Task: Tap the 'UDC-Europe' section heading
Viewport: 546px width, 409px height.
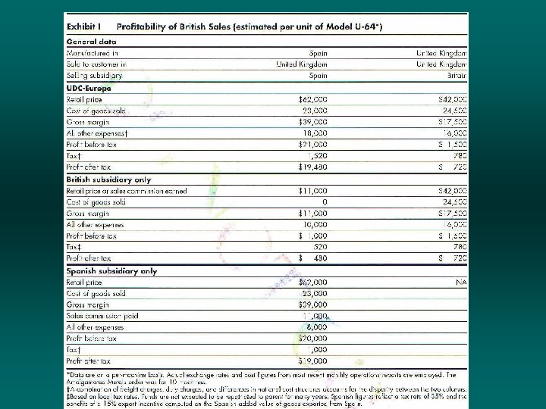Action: tap(89, 87)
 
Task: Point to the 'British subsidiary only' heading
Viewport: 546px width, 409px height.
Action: tap(108, 180)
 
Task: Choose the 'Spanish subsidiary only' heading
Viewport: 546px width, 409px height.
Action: tap(111, 270)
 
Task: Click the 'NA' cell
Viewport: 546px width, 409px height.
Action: tap(460, 282)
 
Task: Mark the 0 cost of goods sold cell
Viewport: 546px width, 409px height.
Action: tap(324, 202)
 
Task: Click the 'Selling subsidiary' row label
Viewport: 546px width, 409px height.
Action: tap(95, 76)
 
